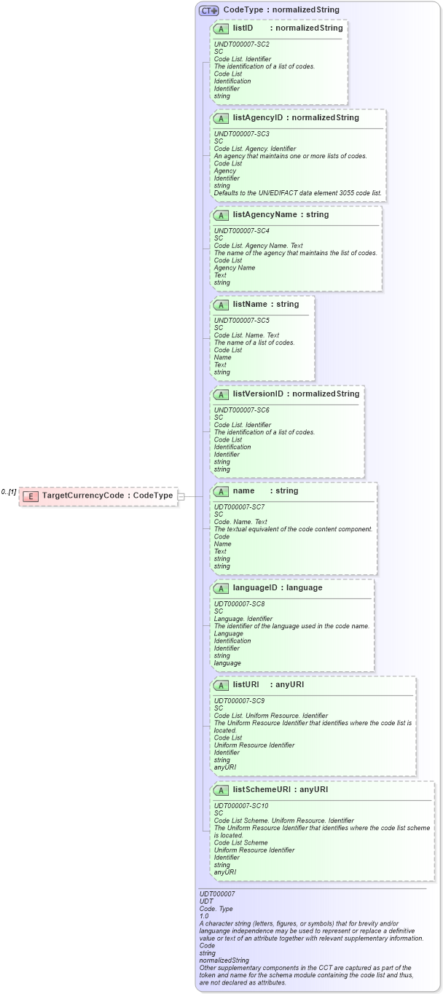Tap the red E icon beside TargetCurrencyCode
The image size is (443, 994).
pos(31,496)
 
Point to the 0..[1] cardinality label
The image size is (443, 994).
pos(9,492)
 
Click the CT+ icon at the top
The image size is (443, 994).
pos(209,10)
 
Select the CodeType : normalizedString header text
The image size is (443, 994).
pos(281,10)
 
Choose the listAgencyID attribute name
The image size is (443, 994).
pos(258,117)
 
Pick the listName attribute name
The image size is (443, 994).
pos(251,304)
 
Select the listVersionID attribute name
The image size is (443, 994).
pos(258,394)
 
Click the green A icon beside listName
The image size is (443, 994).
pos(221,305)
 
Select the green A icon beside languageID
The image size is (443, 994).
pos(221,588)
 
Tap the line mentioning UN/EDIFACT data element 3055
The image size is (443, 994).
pos(297,192)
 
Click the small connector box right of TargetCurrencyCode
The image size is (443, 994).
pos(181,496)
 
